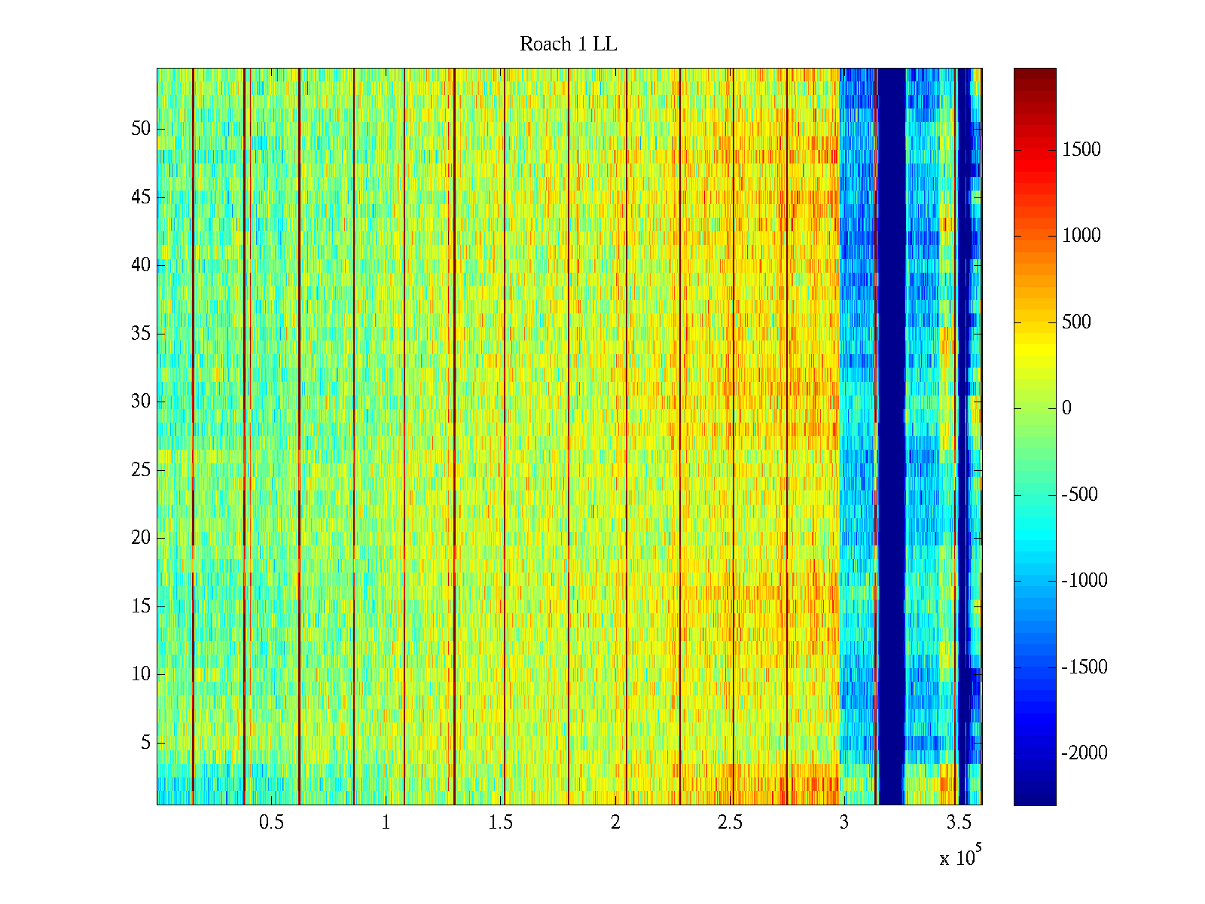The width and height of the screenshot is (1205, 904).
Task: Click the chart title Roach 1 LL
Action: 568,44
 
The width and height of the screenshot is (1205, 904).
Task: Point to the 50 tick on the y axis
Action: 141,129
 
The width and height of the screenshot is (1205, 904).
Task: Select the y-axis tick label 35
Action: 141,334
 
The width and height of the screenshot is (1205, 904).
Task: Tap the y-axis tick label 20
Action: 141,538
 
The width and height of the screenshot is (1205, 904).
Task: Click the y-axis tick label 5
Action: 145,743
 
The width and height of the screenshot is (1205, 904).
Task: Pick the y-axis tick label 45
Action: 141,197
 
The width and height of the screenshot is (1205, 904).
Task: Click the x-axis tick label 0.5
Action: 271,823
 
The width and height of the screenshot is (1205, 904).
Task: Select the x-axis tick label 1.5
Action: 501,823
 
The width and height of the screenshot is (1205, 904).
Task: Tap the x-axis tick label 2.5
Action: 730,823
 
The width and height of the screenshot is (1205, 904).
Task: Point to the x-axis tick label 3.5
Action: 959,823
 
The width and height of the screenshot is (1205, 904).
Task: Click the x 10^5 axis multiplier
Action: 959,857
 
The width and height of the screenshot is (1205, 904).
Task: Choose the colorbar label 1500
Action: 1081,149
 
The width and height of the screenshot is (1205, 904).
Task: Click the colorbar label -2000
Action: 1084,753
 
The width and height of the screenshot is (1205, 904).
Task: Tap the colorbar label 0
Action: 1066,408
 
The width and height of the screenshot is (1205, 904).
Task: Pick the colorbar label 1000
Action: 1081,236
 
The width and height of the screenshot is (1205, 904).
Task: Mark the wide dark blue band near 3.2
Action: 892,437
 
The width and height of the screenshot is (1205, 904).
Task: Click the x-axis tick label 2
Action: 615,823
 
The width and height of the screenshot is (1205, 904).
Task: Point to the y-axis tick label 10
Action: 141,674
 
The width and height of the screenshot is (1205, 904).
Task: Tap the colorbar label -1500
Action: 1084,667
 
